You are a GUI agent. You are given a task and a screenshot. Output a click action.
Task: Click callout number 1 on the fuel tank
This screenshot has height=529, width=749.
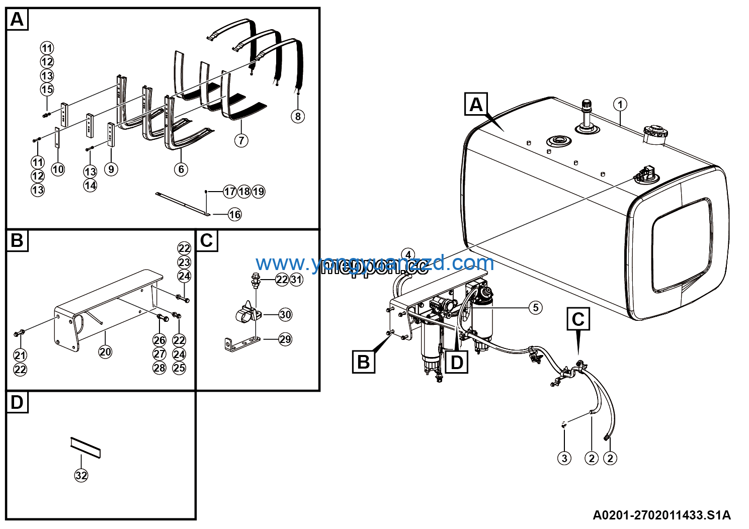[x=620, y=105]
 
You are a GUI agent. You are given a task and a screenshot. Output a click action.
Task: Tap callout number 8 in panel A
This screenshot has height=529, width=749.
[x=298, y=117]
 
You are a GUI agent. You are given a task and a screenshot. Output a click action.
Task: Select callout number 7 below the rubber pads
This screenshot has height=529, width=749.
[x=241, y=140]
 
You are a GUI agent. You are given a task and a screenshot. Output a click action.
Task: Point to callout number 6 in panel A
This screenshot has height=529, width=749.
[x=182, y=169]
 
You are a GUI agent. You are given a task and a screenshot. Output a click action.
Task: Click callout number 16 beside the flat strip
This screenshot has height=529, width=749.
[x=235, y=215]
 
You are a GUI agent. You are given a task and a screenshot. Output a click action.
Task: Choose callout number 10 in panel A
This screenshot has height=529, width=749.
[x=58, y=169]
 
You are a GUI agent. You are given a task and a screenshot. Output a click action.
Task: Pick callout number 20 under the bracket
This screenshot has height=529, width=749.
[x=105, y=352]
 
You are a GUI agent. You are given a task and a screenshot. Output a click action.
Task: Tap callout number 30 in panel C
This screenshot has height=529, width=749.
[x=285, y=315]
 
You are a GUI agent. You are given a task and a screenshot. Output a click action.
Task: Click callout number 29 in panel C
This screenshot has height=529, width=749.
[x=285, y=339]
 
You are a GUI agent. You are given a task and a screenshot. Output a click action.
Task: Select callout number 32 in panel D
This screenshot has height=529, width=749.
[x=81, y=475]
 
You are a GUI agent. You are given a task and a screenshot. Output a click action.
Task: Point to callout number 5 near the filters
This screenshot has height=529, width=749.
[x=536, y=307]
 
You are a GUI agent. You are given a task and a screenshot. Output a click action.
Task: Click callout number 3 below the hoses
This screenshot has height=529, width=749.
[x=564, y=458]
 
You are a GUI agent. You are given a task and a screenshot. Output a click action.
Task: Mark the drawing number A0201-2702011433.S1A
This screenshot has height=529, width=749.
[x=661, y=515]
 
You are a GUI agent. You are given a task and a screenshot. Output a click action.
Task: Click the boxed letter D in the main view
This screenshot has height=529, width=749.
[x=457, y=362]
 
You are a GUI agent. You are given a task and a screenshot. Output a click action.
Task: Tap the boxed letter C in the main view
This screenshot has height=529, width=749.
[x=578, y=319]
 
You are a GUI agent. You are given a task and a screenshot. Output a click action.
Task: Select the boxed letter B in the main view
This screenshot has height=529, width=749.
[x=363, y=362]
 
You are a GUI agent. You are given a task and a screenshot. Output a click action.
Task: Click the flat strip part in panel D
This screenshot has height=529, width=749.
[x=86, y=447]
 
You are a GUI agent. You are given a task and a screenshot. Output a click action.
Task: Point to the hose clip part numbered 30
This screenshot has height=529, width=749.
[x=247, y=314]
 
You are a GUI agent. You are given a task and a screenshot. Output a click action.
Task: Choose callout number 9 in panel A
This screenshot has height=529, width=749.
[x=111, y=169]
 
